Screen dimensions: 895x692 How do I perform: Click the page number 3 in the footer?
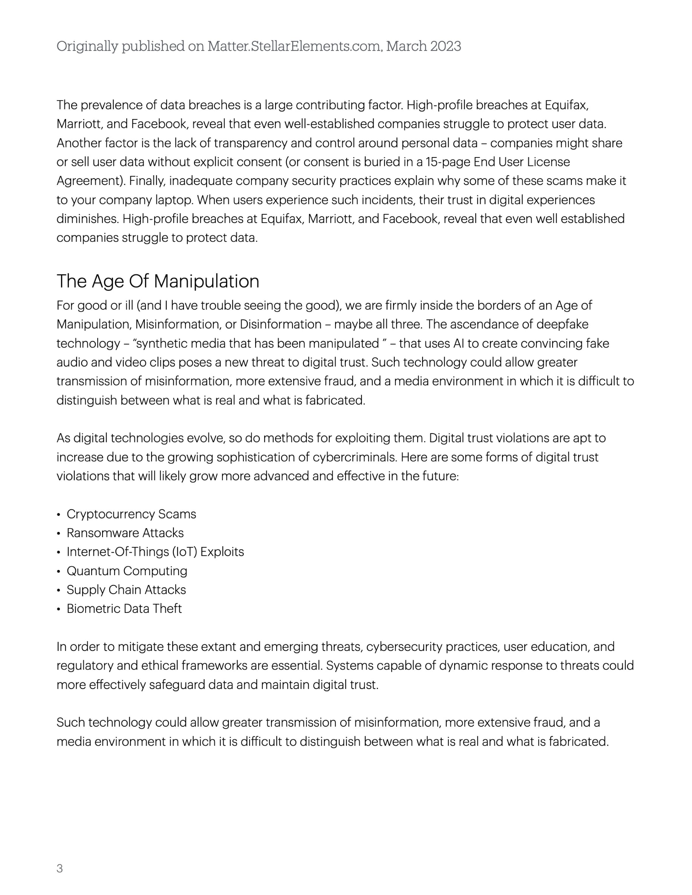tap(59, 868)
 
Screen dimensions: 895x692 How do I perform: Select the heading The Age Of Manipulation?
tap(158, 282)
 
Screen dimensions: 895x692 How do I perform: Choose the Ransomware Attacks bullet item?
tap(125, 533)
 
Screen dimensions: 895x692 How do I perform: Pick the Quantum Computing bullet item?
tap(127, 571)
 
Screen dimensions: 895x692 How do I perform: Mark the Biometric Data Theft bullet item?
tap(124, 609)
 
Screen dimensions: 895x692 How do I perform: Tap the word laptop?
tap(174, 200)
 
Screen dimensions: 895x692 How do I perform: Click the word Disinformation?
tap(281, 324)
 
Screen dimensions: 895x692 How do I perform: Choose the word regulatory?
tap(85, 666)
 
